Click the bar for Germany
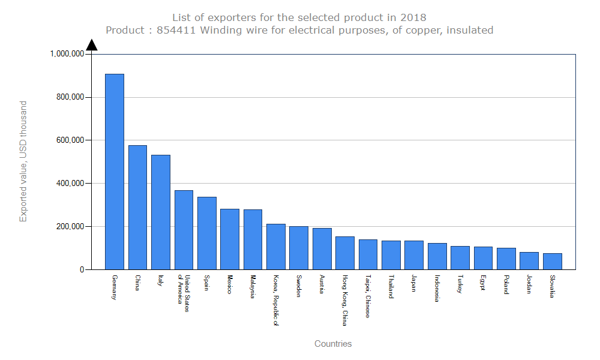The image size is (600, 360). (x=115, y=172)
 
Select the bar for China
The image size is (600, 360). (x=137, y=207)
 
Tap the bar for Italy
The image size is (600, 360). (x=161, y=212)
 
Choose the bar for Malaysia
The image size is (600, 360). (x=253, y=239)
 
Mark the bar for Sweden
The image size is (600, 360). (x=299, y=248)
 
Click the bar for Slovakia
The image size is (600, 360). (x=553, y=261)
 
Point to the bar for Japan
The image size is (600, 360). (x=414, y=255)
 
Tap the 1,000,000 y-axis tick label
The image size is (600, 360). (x=67, y=54)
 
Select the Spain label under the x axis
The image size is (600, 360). (x=206, y=283)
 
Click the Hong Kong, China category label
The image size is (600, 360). (x=344, y=301)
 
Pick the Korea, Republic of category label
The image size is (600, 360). (x=275, y=301)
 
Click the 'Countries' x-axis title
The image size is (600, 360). (x=333, y=344)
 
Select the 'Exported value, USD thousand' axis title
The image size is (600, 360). (x=23, y=161)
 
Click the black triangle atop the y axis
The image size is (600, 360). (x=92, y=45)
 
